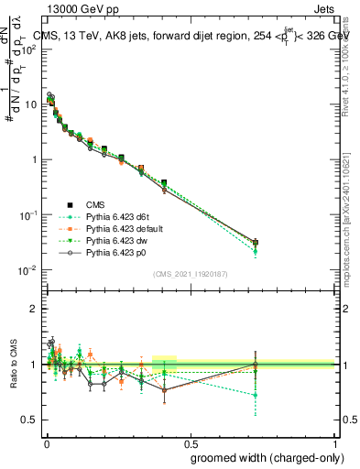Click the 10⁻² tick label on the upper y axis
(27, 270)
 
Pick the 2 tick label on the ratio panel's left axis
(32, 309)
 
